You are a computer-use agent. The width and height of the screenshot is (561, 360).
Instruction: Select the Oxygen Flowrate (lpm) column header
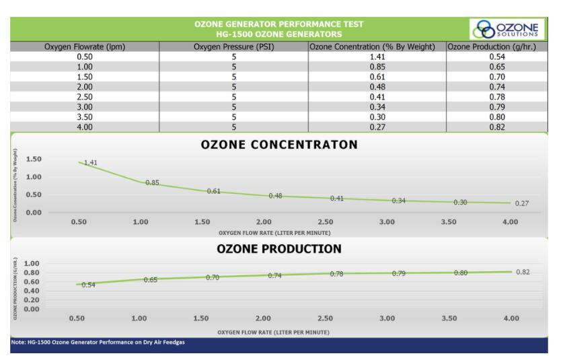[85, 47]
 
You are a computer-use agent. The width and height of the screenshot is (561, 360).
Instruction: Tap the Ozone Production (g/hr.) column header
[496, 47]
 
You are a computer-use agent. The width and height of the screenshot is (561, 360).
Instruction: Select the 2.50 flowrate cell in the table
[85, 96]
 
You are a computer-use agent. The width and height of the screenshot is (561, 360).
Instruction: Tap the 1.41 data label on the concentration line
[91, 162]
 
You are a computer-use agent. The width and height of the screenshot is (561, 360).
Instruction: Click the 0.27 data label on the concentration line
[522, 203]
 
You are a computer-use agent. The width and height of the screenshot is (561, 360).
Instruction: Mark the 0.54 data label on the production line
[89, 285]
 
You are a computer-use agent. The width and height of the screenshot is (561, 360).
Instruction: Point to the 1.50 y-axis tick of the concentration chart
[34, 159]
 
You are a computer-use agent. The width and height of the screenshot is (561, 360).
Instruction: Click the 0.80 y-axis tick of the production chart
[32, 273]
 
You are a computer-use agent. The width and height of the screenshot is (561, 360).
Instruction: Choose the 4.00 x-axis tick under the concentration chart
[510, 222]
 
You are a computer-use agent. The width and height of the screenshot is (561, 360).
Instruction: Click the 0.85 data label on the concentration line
[152, 183]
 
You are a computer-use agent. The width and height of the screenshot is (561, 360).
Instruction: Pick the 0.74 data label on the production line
[274, 276]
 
